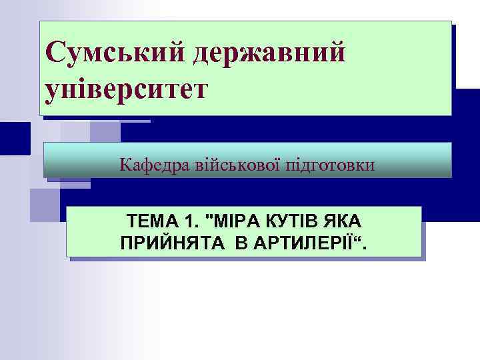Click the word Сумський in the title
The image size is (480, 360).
113,52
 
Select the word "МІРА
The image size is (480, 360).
239,221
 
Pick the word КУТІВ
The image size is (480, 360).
301,221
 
